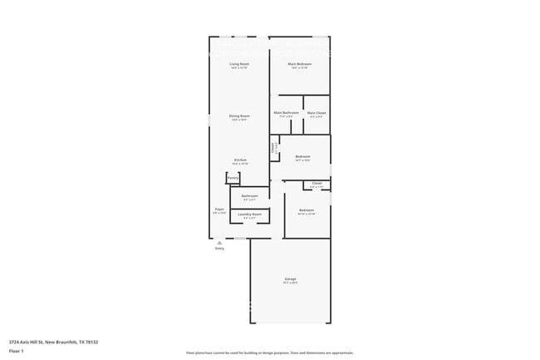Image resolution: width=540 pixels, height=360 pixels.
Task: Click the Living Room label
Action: [239, 64]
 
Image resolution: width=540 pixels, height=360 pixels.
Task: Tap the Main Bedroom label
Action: [299, 64]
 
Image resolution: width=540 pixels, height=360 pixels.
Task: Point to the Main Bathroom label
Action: [286, 112]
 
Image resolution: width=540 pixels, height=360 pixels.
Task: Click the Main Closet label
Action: [317, 112]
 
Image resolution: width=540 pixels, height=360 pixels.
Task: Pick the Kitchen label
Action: [239, 160]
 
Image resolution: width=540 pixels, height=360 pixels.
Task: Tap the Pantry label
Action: [233, 178]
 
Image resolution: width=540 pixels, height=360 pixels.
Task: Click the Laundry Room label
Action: [249, 215]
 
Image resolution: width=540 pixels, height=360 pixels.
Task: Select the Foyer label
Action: [219, 210]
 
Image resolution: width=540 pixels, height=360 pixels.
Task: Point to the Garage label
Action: [290, 279]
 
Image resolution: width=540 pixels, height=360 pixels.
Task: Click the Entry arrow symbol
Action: [219, 242]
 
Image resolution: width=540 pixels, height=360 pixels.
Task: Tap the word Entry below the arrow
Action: [219, 249]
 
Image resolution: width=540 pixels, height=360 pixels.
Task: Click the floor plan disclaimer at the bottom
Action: [270, 353]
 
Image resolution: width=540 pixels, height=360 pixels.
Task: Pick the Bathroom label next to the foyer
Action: [249, 196]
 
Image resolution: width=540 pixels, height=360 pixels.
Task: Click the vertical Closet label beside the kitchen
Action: [272, 149]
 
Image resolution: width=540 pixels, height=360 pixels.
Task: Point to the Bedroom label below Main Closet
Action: [302, 156]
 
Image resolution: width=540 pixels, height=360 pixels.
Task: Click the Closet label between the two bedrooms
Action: [317, 184]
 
